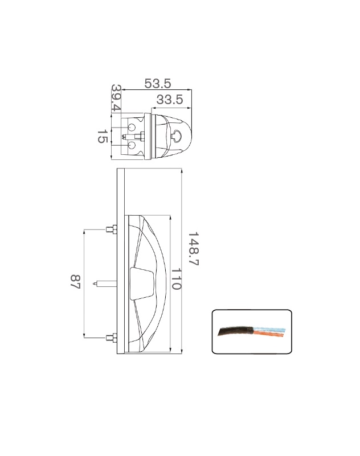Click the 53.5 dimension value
click(157, 84)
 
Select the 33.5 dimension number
click(170, 100)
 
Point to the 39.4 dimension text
click(116, 98)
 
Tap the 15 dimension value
click(102, 137)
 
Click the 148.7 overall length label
click(193, 249)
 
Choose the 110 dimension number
click(176, 279)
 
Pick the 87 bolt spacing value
click(75, 281)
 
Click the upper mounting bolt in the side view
click(112, 229)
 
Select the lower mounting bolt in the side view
click(112, 338)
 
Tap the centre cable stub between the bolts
click(105, 284)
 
